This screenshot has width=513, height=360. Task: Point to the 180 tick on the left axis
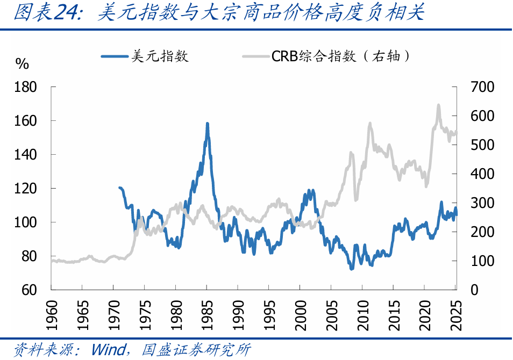(25, 87)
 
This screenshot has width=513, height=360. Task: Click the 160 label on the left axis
(25, 120)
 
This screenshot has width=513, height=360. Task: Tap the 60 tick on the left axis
(30, 290)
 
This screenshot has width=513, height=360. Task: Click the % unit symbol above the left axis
(22, 64)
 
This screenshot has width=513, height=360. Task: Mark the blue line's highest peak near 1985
(207, 124)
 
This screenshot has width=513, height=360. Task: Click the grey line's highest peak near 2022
(438, 105)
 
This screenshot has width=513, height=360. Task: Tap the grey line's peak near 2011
(370, 123)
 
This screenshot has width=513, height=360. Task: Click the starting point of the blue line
(119, 188)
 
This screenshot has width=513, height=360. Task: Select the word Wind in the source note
(108, 350)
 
